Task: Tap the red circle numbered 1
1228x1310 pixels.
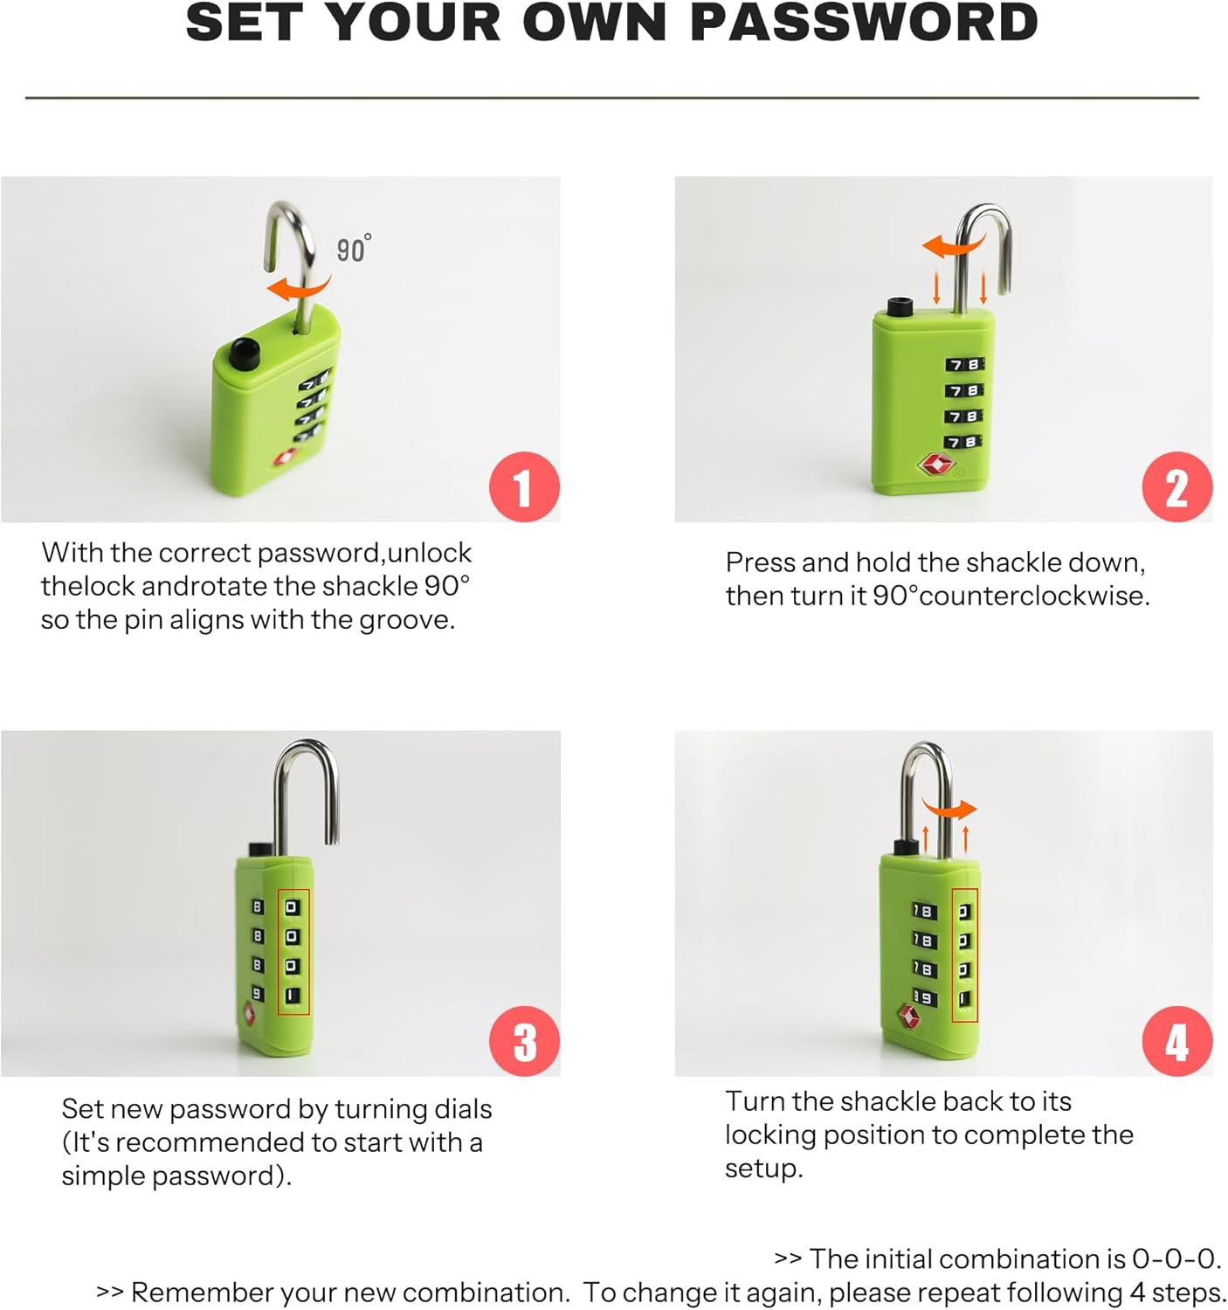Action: (x=524, y=486)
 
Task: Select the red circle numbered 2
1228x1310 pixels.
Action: (x=1176, y=486)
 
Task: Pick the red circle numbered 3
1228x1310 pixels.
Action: (x=524, y=1042)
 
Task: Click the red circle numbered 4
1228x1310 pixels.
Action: (x=1176, y=1042)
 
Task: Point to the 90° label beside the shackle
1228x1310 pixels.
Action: (x=354, y=248)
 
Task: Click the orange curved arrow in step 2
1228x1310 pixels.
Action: (x=953, y=246)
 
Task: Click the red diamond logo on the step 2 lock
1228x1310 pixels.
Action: (x=935, y=465)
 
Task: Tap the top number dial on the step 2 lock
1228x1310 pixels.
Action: (x=965, y=365)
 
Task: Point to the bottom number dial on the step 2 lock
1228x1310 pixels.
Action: (x=965, y=442)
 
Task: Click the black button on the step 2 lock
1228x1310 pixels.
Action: (x=900, y=307)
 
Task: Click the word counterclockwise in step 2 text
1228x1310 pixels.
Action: (x=1033, y=596)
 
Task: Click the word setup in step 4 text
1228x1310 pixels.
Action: (x=763, y=1169)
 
